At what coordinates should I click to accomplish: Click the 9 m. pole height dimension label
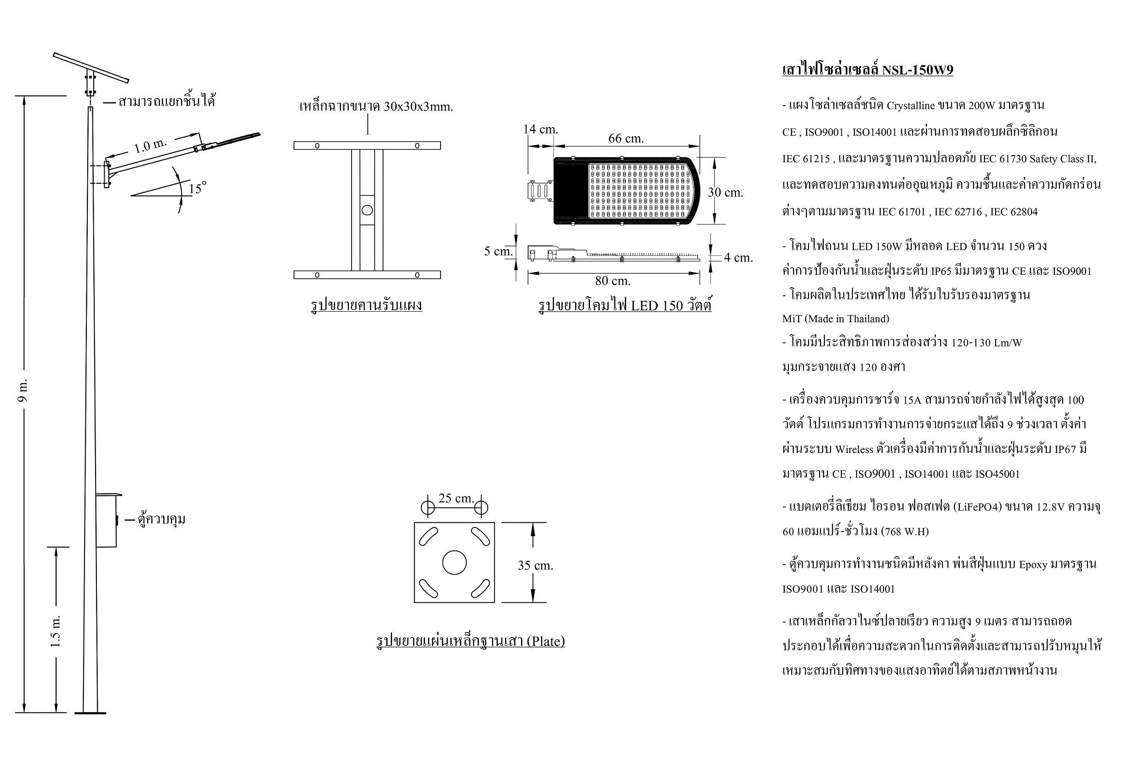[x=23, y=390]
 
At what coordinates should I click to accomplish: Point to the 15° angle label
[x=197, y=188]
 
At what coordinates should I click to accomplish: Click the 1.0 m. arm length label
[x=150, y=145]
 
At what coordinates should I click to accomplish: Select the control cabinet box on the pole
[x=107, y=520]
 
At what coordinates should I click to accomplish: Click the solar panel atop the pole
[x=91, y=67]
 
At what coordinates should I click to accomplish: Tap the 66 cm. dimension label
[x=626, y=138]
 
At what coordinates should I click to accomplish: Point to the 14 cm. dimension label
[x=541, y=129]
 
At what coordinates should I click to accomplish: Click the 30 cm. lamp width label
[x=725, y=192]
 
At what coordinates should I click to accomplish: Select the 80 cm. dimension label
[x=613, y=281]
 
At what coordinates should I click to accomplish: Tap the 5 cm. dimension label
[x=498, y=251]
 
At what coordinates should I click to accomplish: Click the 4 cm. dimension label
[x=738, y=257]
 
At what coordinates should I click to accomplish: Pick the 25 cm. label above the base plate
[x=456, y=498]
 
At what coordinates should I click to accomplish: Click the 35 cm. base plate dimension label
[x=535, y=565]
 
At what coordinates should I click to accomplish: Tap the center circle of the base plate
[x=454, y=563]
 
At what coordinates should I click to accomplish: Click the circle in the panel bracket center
[x=367, y=210]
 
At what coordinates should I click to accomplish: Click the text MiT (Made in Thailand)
[x=836, y=319]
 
